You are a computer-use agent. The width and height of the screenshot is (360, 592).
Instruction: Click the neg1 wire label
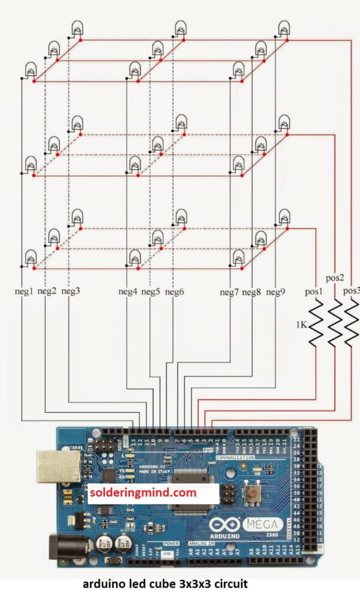(24, 292)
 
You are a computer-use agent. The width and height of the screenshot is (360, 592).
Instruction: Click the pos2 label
(334, 278)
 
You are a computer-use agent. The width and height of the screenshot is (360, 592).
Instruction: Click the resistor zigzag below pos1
(316, 324)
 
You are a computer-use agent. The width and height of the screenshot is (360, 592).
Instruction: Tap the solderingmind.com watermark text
(143, 493)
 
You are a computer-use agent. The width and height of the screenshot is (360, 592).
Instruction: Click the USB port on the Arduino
(58, 466)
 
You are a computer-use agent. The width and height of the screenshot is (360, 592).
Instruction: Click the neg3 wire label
(70, 292)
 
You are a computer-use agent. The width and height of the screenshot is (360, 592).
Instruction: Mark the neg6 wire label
(174, 292)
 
